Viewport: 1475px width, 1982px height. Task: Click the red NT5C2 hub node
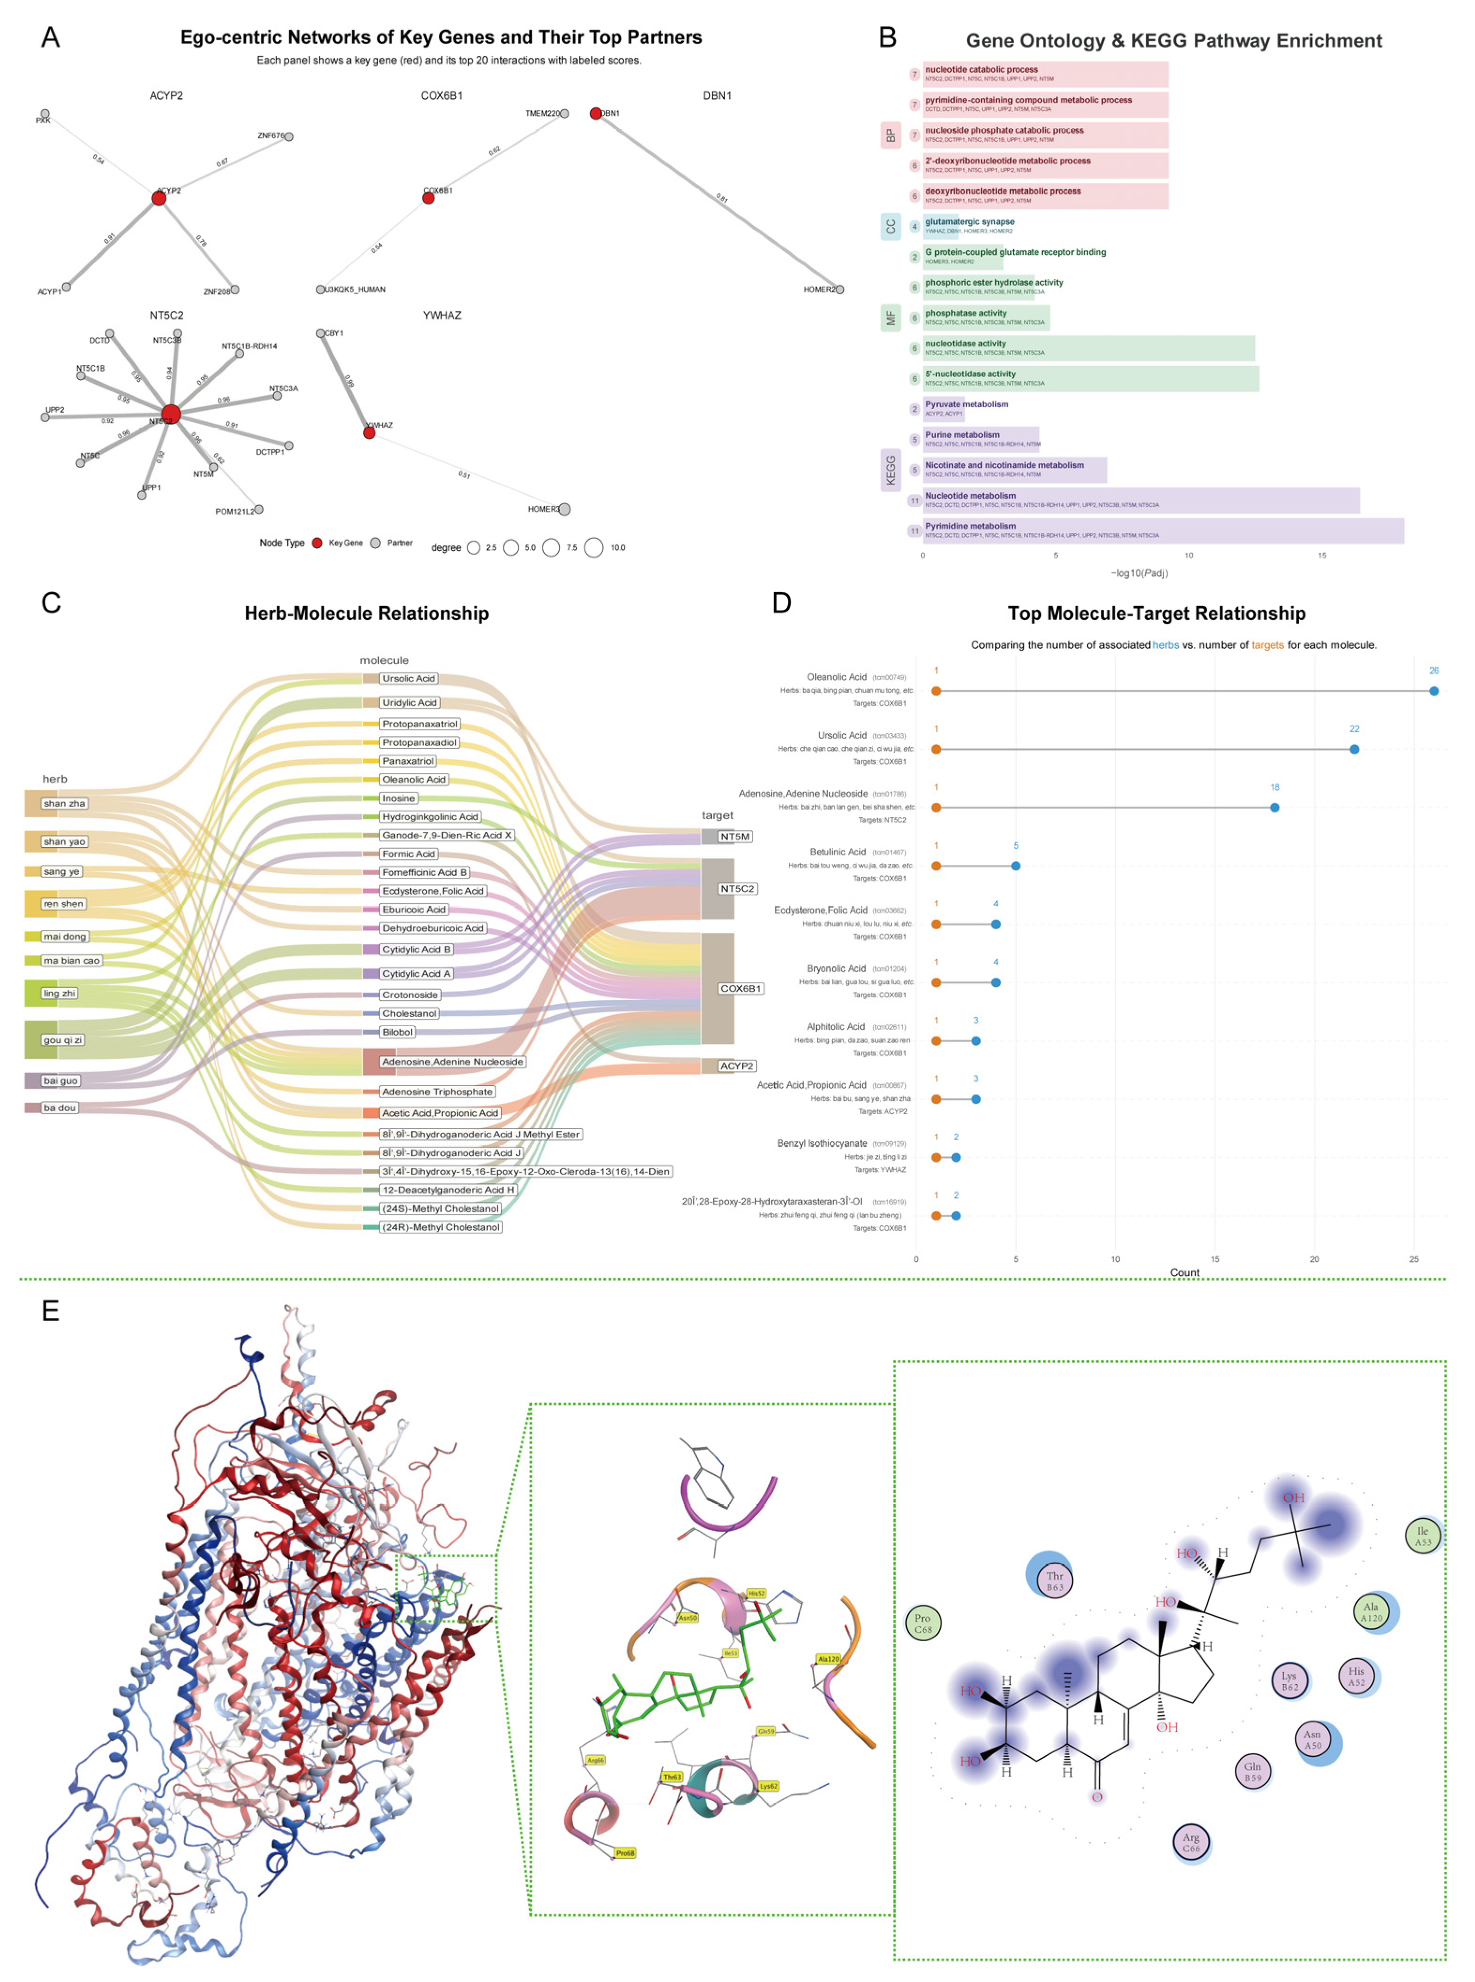[x=171, y=414]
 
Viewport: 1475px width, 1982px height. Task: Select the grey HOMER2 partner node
[x=839, y=289]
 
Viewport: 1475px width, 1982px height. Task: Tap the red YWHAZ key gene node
[x=369, y=433]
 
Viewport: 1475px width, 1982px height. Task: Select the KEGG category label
[x=890, y=471]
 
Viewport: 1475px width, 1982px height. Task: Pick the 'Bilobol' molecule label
[x=397, y=1032]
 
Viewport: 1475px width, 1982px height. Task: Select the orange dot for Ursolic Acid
[x=936, y=749]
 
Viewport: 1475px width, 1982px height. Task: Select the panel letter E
[x=51, y=1310]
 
